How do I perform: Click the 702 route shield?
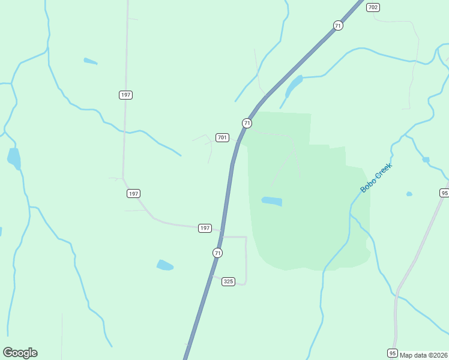click(x=373, y=7)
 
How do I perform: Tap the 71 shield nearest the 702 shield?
click(x=339, y=25)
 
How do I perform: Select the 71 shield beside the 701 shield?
click(x=247, y=123)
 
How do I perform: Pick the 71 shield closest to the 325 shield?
click(x=217, y=253)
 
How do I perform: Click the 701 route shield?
click(x=222, y=137)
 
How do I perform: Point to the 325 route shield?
click(x=228, y=281)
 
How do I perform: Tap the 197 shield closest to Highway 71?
click(x=205, y=228)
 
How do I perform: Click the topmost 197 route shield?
click(x=125, y=95)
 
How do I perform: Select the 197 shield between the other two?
click(x=133, y=193)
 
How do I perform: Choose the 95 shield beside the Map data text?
click(x=393, y=353)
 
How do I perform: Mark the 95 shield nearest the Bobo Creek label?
click(x=444, y=193)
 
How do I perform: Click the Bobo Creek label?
click(x=376, y=178)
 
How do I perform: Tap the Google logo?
click(x=20, y=353)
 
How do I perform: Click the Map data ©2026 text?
click(x=424, y=355)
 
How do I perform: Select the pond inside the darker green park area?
click(x=272, y=201)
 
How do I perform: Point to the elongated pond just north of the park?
click(x=294, y=86)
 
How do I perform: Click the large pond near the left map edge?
click(x=14, y=159)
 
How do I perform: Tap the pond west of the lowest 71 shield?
click(x=165, y=265)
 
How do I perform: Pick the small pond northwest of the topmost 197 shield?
click(x=90, y=61)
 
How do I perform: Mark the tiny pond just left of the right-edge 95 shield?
click(x=409, y=194)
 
